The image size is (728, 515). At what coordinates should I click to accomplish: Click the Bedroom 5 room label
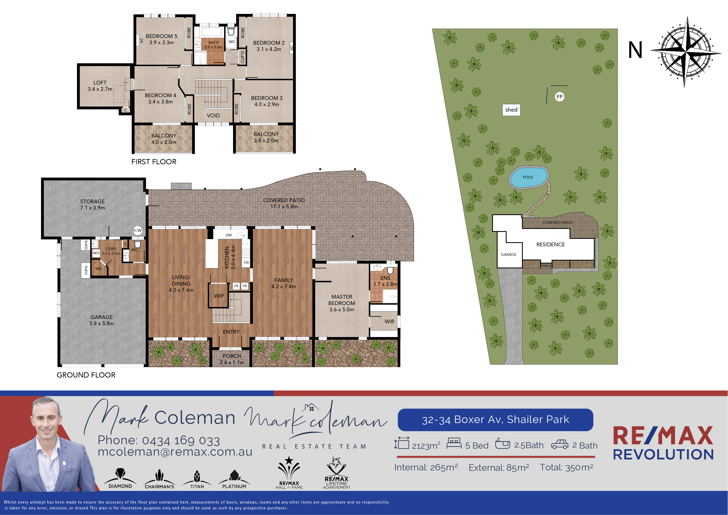[161, 39]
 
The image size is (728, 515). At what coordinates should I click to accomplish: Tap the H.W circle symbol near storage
[137, 230]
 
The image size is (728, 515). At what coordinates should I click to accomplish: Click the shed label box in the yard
[511, 110]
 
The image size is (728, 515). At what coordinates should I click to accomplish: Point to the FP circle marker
[560, 97]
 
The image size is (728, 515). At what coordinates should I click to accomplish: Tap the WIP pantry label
[219, 296]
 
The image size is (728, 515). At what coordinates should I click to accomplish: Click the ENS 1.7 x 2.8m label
[385, 281]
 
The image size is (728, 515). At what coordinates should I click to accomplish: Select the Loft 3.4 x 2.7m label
[100, 86]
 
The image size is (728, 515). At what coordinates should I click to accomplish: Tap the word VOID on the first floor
[213, 115]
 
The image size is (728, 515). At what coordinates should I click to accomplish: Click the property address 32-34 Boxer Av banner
[495, 419]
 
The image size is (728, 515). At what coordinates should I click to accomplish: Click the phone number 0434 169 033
[181, 440]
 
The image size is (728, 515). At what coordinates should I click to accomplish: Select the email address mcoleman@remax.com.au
[175, 451]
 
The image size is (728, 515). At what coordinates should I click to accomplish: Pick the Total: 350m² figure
[566, 467]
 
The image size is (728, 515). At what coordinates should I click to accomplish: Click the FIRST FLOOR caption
[154, 162]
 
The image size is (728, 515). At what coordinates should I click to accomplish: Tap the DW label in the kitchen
[229, 235]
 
